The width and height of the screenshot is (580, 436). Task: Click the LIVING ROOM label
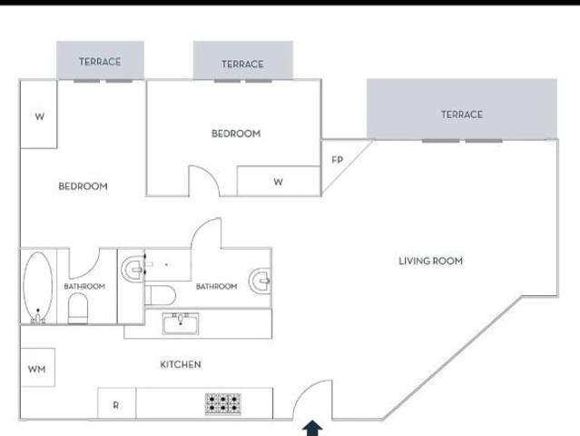click(430, 261)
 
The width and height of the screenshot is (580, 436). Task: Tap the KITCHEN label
click(181, 364)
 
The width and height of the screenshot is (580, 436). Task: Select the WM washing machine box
click(38, 367)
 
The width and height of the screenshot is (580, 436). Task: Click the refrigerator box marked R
click(117, 403)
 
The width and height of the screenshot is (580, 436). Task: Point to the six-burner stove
click(223, 403)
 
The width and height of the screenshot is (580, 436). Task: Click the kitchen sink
click(181, 323)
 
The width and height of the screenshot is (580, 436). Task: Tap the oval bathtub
click(38, 287)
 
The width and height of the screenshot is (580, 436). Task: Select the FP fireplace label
click(338, 160)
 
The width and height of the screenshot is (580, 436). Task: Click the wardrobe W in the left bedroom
click(39, 114)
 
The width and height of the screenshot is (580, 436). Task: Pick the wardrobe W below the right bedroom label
click(278, 181)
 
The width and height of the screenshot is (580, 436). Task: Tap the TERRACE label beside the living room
click(462, 114)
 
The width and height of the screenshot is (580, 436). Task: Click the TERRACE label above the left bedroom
click(100, 62)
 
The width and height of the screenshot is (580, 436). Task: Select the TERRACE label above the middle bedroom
click(242, 64)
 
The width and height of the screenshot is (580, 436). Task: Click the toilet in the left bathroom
click(78, 308)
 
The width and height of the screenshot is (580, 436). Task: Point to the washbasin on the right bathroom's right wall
click(260, 281)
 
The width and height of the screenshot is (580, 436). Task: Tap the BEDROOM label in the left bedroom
click(83, 186)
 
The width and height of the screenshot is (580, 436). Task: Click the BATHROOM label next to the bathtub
click(84, 286)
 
